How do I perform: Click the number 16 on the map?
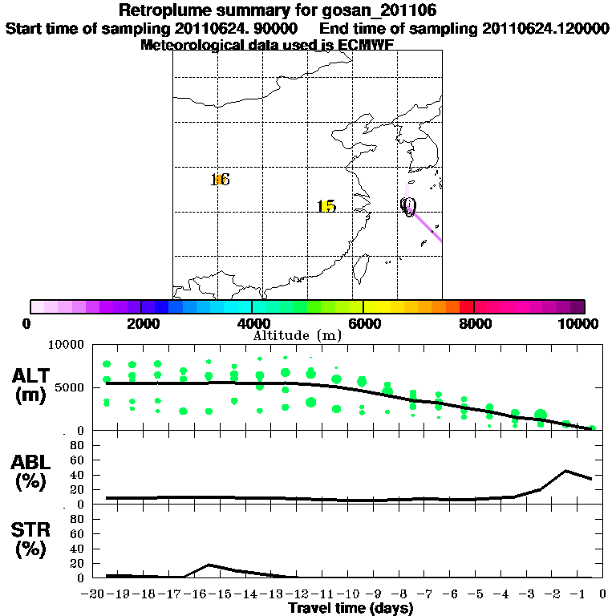click(x=220, y=180)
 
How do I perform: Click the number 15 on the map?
click(x=326, y=207)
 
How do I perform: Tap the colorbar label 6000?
click(x=363, y=323)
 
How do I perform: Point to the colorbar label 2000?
click(x=141, y=323)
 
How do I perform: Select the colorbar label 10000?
click(x=578, y=323)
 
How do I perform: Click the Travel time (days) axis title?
click(x=351, y=609)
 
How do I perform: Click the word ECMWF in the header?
click(x=368, y=45)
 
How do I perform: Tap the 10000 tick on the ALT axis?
click(x=66, y=345)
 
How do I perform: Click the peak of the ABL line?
click(x=566, y=471)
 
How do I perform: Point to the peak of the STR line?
click(x=209, y=565)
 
